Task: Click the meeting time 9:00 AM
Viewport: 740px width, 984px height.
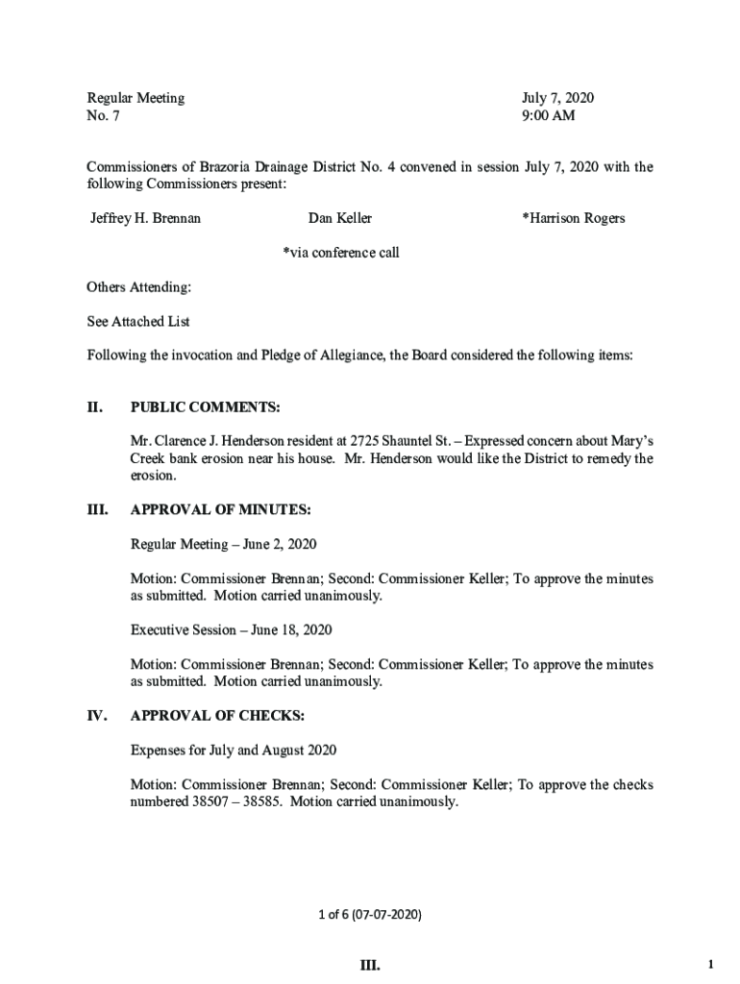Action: pos(548,116)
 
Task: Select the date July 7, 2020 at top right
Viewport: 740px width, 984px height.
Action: pos(557,98)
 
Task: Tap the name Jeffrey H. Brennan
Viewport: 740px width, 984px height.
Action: pos(145,218)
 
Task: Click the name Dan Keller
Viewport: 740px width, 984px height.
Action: pos(340,218)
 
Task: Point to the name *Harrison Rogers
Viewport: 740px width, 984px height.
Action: pos(573,218)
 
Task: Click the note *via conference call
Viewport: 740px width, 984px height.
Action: pos(340,253)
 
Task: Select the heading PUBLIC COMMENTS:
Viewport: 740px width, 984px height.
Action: pos(206,408)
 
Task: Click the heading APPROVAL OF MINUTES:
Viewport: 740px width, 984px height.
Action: pos(220,509)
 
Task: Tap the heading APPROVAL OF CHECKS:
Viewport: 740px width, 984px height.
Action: pos(217,716)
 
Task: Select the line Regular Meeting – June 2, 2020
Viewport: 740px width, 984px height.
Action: pos(223,544)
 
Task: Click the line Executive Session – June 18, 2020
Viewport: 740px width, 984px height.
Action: pos(231,630)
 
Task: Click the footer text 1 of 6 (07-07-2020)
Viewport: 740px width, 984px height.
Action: pos(370,914)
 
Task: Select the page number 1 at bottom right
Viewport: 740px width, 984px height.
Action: pos(709,964)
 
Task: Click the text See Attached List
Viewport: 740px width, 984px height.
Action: pos(138,321)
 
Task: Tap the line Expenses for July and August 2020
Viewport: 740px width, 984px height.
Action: pos(234,750)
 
